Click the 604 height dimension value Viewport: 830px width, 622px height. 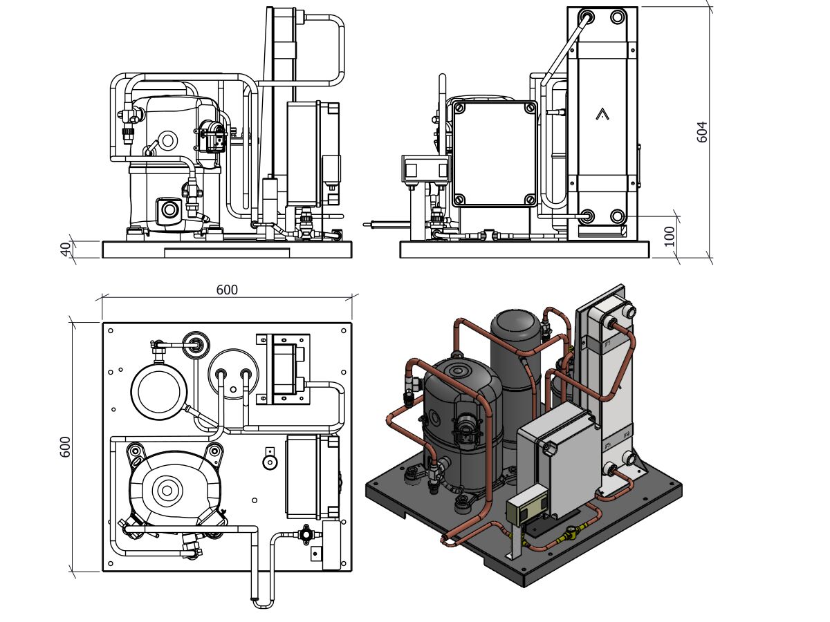pyautogui.click(x=703, y=131)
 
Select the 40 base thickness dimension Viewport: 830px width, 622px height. pyautogui.click(x=66, y=249)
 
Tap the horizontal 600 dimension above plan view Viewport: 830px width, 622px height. pyautogui.click(x=227, y=290)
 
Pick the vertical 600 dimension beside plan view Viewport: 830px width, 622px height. pyautogui.click(x=66, y=446)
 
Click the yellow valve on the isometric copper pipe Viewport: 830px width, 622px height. pyautogui.click(x=570, y=534)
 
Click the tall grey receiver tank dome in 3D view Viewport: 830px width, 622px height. pyautogui.click(x=515, y=325)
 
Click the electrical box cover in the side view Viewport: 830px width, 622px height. pyautogui.click(x=494, y=153)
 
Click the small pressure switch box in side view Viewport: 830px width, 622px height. pyautogui.click(x=424, y=168)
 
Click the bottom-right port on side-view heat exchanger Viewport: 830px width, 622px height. pyautogui.click(x=617, y=217)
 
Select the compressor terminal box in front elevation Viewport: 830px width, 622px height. pyautogui.click(x=169, y=210)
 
